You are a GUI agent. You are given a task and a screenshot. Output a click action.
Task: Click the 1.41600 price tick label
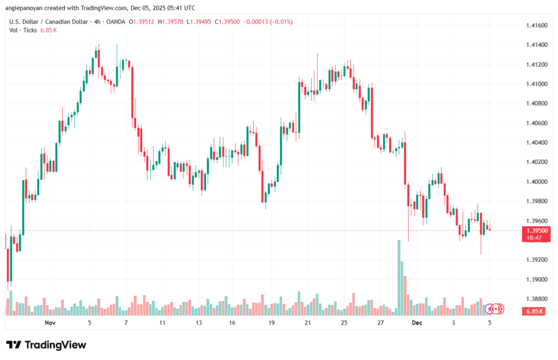(x=537, y=26)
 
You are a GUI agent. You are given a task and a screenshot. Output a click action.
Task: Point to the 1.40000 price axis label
(x=537, y=181)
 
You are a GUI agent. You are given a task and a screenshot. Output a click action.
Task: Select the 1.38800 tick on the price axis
(x=537, y=298)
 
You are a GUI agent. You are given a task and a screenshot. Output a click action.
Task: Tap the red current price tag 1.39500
(x=537, y=230)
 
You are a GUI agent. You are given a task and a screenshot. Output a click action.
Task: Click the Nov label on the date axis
(x=50, y=323)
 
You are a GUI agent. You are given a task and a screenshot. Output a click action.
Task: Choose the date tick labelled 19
(x=271, y=323)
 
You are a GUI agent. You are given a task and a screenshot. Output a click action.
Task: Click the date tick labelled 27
(x=380, y=323)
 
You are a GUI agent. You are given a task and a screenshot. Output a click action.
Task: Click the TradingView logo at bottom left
(x=46, y=345)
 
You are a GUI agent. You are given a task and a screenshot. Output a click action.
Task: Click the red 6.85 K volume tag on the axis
(x=535, y=311)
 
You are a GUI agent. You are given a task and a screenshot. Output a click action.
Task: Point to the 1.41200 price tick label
(x=537, y=65)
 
